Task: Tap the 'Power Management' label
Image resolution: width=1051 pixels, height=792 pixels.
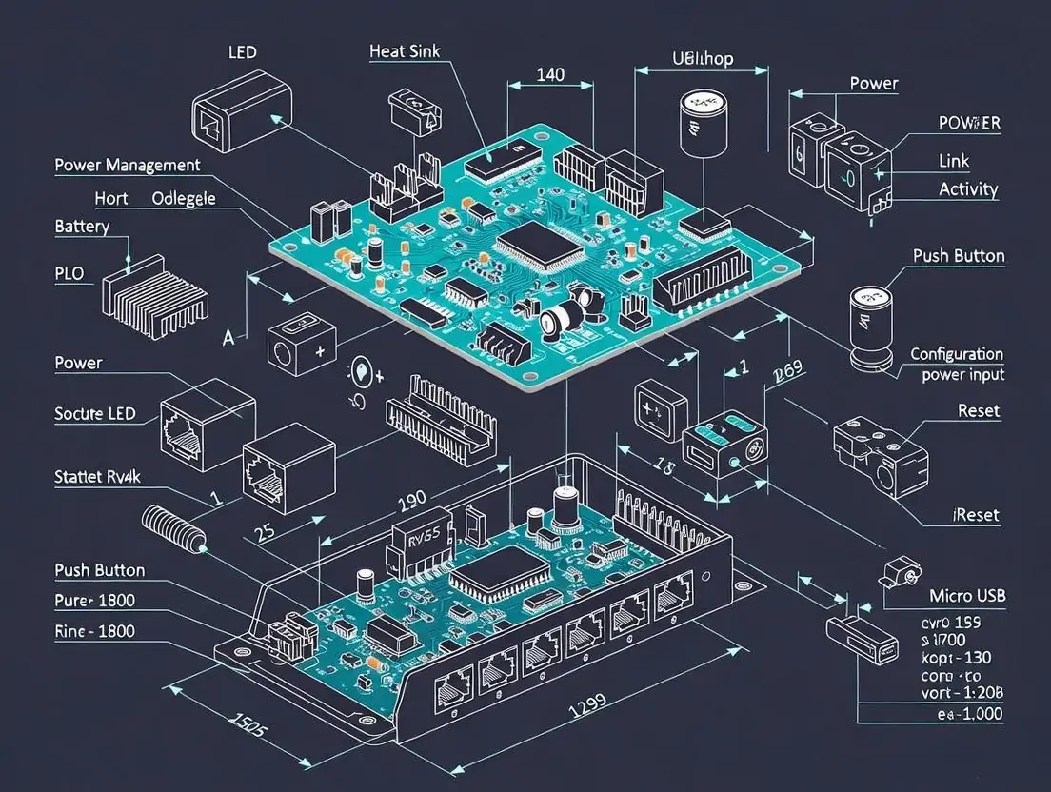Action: [x=128, y=165]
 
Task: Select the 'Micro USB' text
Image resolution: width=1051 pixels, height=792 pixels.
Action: [x=966, y=596]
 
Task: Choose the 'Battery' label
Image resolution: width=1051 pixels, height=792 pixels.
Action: [x=82, y=227]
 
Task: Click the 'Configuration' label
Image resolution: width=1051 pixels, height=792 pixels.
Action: [x=957, y=354]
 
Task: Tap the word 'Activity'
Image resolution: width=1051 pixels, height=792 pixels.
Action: [x=968, y=188]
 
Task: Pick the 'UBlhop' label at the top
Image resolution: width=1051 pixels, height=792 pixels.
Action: [x=703, y=59]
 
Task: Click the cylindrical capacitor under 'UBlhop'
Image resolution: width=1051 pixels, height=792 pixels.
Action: [x=700, y=122]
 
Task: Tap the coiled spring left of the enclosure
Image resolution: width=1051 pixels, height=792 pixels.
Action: [x=174, y=529]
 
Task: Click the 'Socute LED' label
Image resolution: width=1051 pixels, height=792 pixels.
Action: [x=95, y=413]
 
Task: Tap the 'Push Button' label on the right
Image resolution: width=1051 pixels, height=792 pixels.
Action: [x=959, y=255]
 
